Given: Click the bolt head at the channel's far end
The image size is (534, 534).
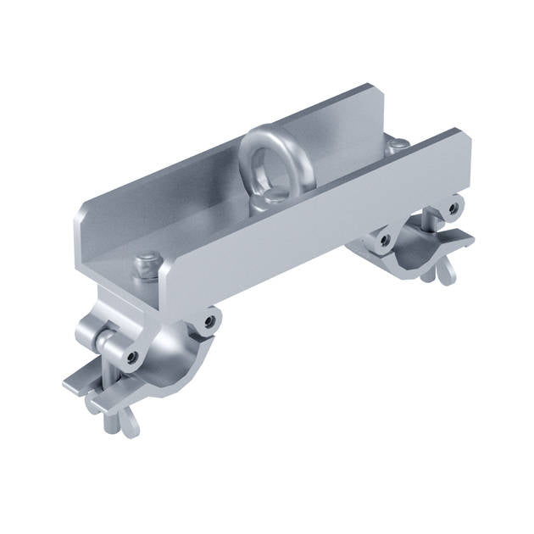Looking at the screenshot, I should click(x=397, y=145).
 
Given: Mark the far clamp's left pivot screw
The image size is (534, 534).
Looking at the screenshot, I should click(x=386, y=240).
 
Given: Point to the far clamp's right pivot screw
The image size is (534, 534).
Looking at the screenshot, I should click(x=454, y=206).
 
